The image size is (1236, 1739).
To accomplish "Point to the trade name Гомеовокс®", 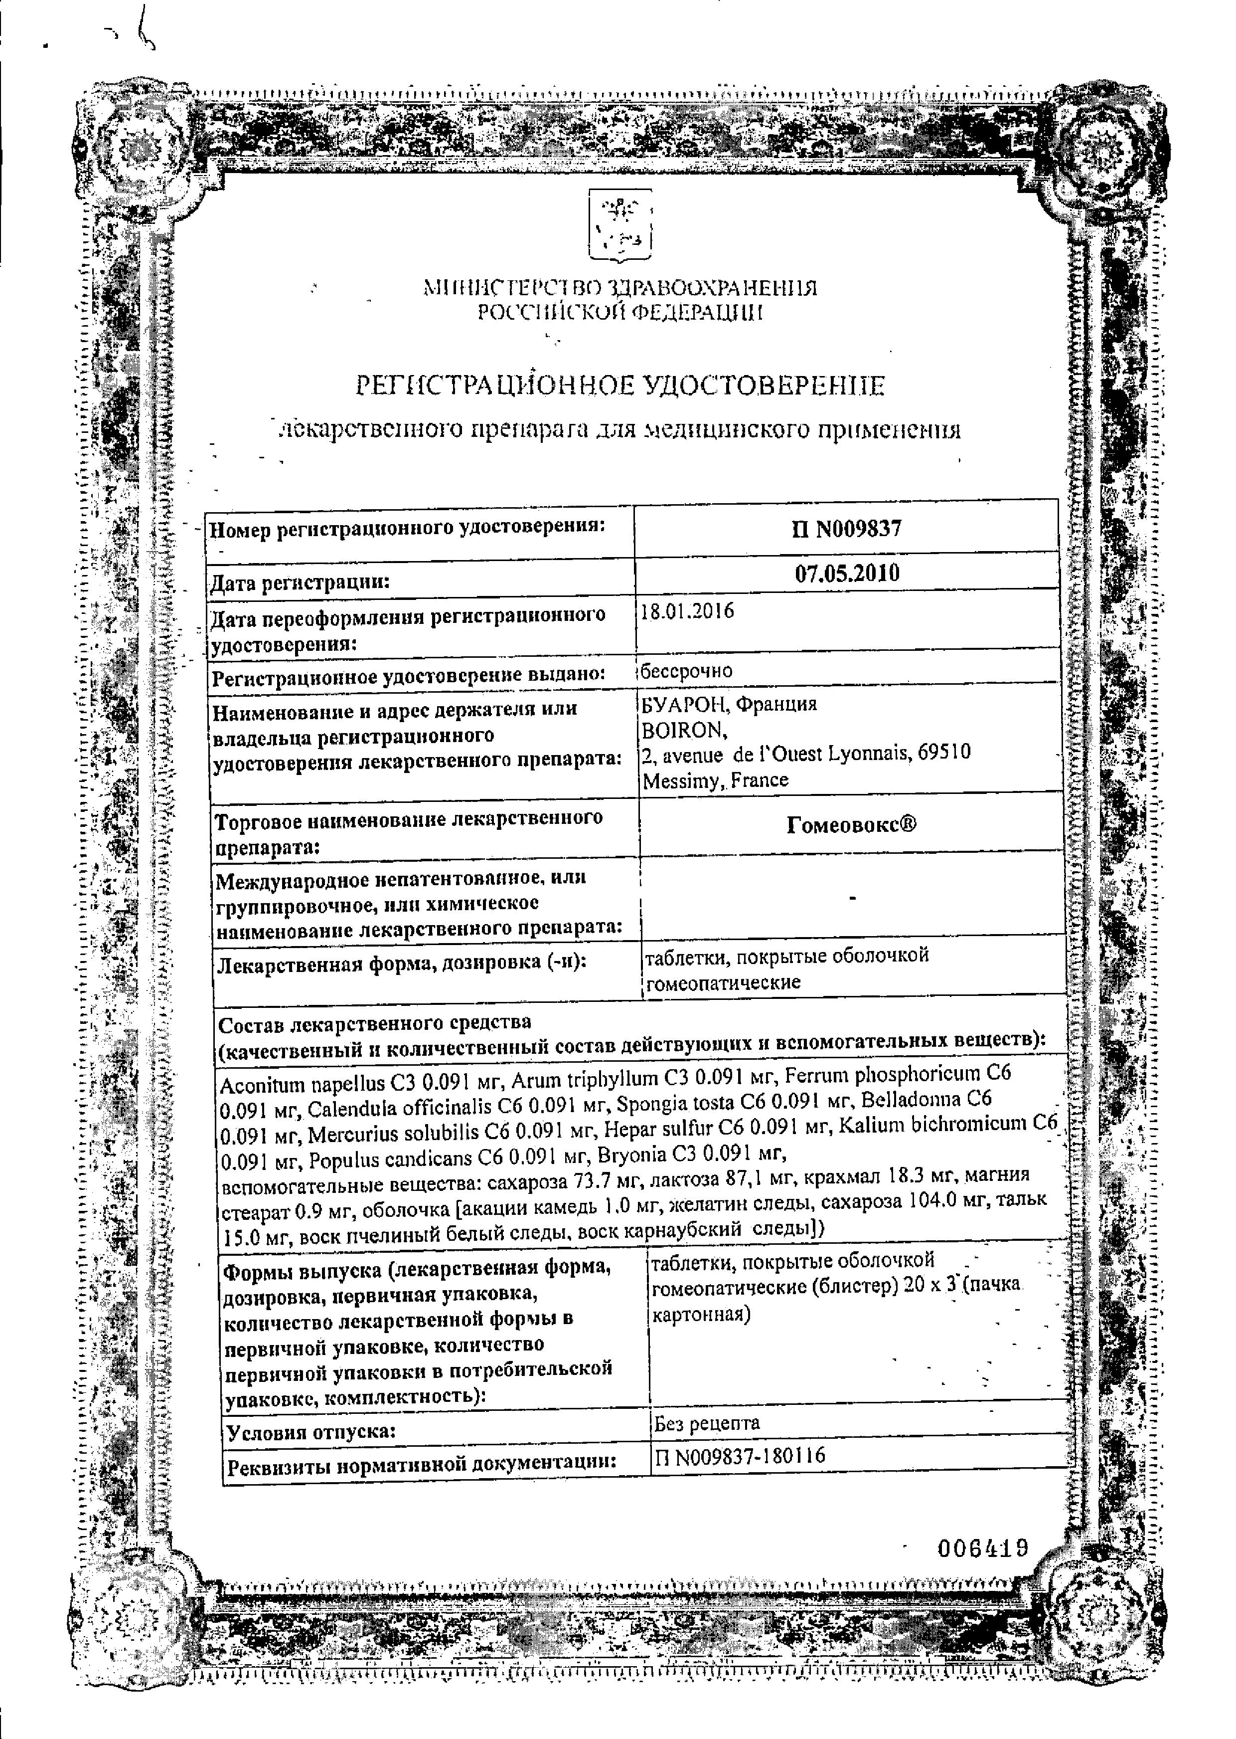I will [851, 824].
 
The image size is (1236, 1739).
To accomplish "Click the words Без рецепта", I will [706, 1422].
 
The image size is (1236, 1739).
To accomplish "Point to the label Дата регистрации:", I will [299, 583].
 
